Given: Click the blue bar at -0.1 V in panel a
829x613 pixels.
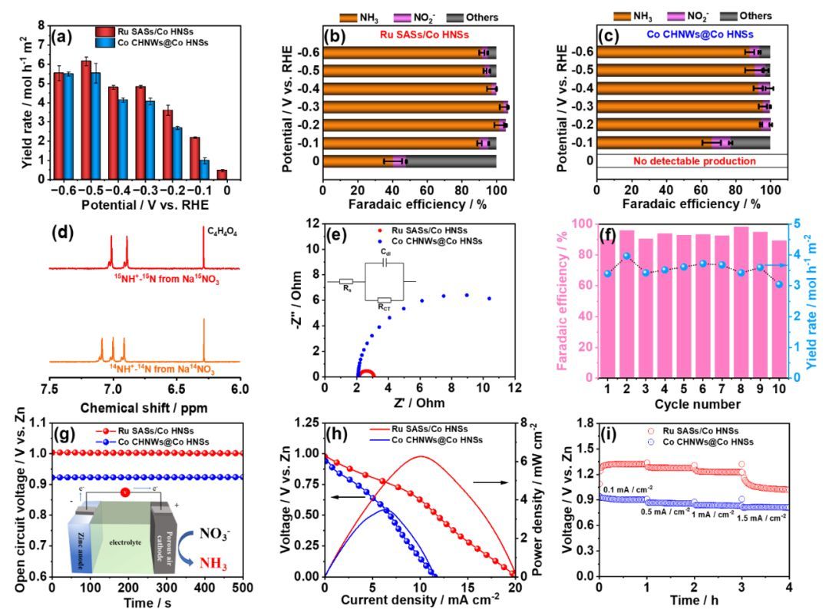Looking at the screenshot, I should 204,168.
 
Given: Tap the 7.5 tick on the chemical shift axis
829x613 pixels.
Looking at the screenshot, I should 50,391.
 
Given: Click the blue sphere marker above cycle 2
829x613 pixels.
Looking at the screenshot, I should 626,256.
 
